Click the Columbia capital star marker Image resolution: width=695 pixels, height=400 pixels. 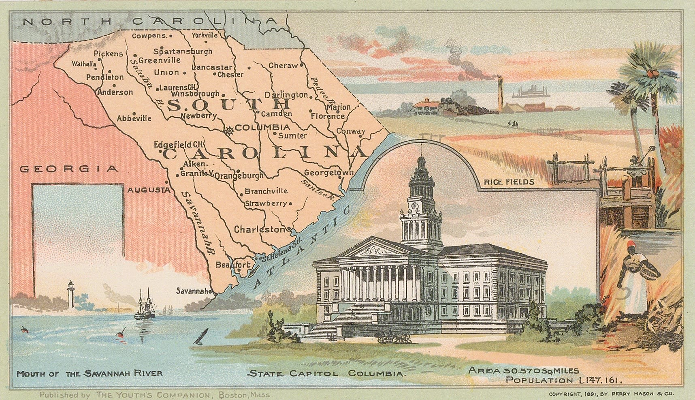click(229, 130)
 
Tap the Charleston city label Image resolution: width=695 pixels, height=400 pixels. click(259, 229)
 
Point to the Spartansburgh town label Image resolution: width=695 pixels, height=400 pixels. click(183, 51)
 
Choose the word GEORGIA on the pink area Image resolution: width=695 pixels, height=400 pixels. click(69, 169)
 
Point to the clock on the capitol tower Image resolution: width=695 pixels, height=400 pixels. click(414, 205)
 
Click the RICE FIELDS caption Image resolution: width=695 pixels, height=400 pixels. click(509, 182)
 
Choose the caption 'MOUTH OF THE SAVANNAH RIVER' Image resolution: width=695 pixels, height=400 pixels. click(90, 373)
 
